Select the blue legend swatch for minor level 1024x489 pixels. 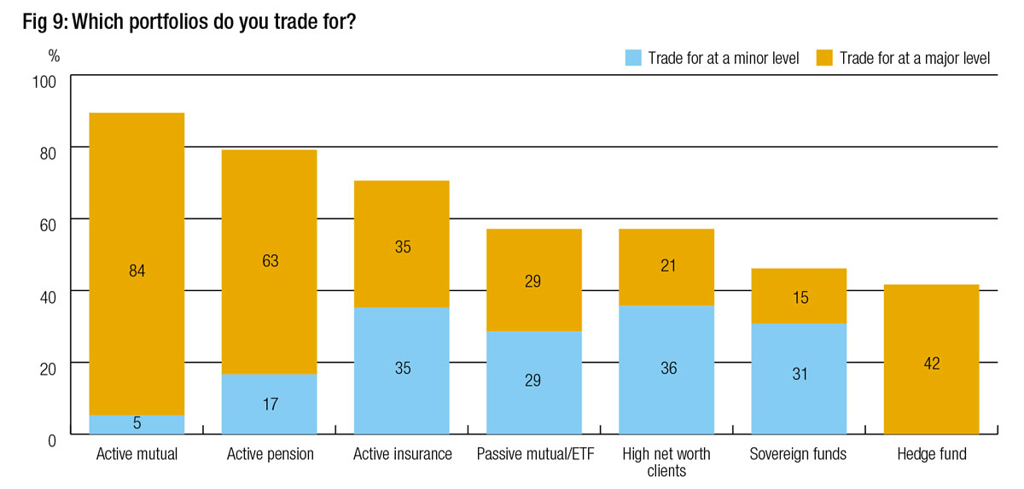click(632, 58)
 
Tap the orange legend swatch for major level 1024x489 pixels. click(824, 58)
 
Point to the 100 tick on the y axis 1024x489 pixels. click(44, 81)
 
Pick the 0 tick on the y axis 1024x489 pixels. click(51, 440)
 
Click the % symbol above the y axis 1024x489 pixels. click(54, 56)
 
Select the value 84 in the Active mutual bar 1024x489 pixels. click(137, 271)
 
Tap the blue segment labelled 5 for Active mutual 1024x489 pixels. click(137, 424)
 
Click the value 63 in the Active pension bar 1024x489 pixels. click(270, 261)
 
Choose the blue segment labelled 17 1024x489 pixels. click(270, 404)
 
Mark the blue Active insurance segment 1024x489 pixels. click(402, 369)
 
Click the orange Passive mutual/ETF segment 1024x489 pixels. click(534, 281)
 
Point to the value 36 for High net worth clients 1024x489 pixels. click(666, 368)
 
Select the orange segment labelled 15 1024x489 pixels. click(799, 297)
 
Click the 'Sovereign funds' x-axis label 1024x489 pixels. click(798, 454)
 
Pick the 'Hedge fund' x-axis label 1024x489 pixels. click(932, 454)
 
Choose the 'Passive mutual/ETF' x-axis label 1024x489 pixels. click(535, 454)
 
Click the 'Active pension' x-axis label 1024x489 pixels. click(271, 454)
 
